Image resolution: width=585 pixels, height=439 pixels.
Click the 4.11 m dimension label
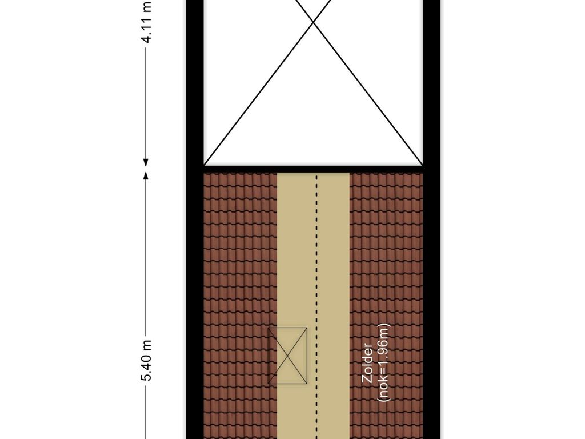pos(147,22)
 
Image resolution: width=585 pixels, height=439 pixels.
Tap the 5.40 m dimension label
pos(147,360)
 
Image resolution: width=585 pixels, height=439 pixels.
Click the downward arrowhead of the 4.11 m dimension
pos(146,161)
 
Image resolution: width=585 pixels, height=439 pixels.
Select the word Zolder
pos(367,363)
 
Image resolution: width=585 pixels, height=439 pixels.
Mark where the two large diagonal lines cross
pos(314,22)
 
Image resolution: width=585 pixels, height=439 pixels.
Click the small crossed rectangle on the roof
pos(288,356)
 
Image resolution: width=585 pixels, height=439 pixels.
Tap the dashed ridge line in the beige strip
pos(316,306)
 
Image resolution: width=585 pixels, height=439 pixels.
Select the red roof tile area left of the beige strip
pos(241,306)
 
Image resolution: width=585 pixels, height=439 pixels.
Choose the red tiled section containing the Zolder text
pos(386,306)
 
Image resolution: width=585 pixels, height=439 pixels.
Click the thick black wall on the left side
pos(195,219)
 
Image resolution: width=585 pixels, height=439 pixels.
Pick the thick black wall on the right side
pos(432,219)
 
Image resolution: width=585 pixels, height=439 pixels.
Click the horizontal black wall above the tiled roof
pos(314,169)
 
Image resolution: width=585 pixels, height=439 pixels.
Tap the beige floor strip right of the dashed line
pos(334,306)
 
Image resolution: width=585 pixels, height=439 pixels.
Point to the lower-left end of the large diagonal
pos(205,165)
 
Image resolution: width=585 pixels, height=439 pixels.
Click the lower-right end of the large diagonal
pos(422,165)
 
